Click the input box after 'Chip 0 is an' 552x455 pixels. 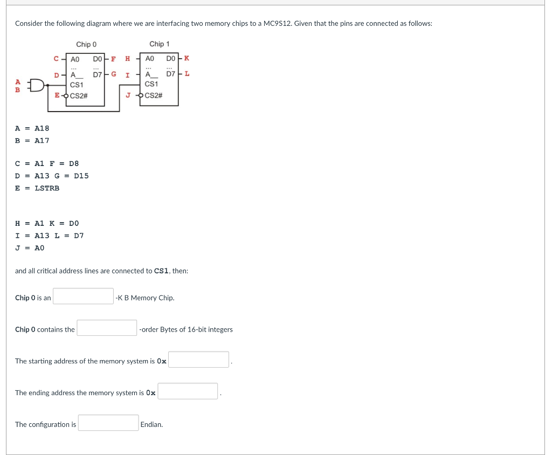click(x=83, y=297)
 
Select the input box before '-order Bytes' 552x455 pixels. click(x=107, y=328)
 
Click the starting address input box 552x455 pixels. click(x=198, y=360)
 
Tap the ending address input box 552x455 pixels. click(x=188, y=391)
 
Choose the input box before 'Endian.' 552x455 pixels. click(x=108, y=423)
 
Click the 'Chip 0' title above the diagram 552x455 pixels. click(x=86, y=44)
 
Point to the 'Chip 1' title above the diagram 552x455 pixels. click(x=160, y=44)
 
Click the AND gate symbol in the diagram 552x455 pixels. click(x=37, y=85)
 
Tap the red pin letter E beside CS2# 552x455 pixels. click(x=57, y=95)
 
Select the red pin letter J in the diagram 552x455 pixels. click(x=128, y=95)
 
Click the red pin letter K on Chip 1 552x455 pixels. click(x=187, y=58)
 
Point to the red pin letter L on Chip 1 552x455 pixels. click(x=187, y=74)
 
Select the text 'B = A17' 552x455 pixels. click(x=32, y=141)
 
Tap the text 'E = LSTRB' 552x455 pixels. click(x=37, y=188)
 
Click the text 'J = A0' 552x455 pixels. click(x=30, y=248)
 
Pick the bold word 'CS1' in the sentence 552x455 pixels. click(x=162, y=271)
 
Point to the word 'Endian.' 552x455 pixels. click(x=151, y=425)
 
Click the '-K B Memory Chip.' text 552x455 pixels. click(x=145, y=298)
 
